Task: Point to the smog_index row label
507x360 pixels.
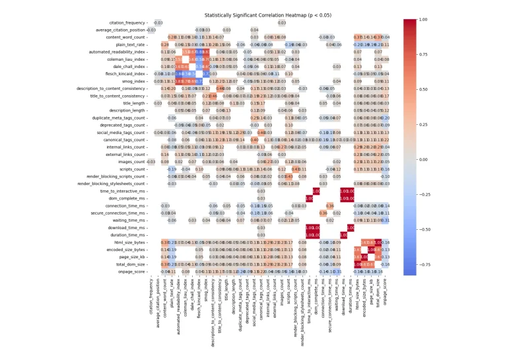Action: click(135, 81)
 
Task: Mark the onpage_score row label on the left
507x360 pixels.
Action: click(130, 271)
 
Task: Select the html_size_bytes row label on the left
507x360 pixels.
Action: click(127, 242)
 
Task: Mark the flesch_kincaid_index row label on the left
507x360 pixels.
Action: click(125, 73)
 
